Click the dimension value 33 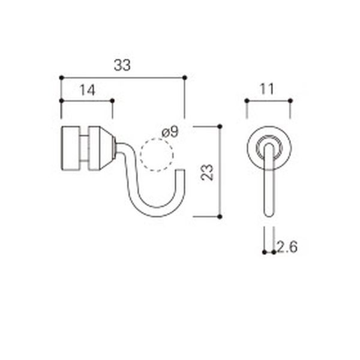(x=122, y=65)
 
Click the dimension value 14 (x=87, y=90)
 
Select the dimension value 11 (x=266, y=89)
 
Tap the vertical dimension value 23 (x=207, y=172)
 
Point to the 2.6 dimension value (x=287, y=247)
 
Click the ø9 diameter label (x=170, y=132)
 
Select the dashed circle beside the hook (x=157, y=155)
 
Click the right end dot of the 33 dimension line (x=185, y=78)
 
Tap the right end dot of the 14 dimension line (x=112, y=101)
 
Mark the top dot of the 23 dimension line (x=220, y=127)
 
